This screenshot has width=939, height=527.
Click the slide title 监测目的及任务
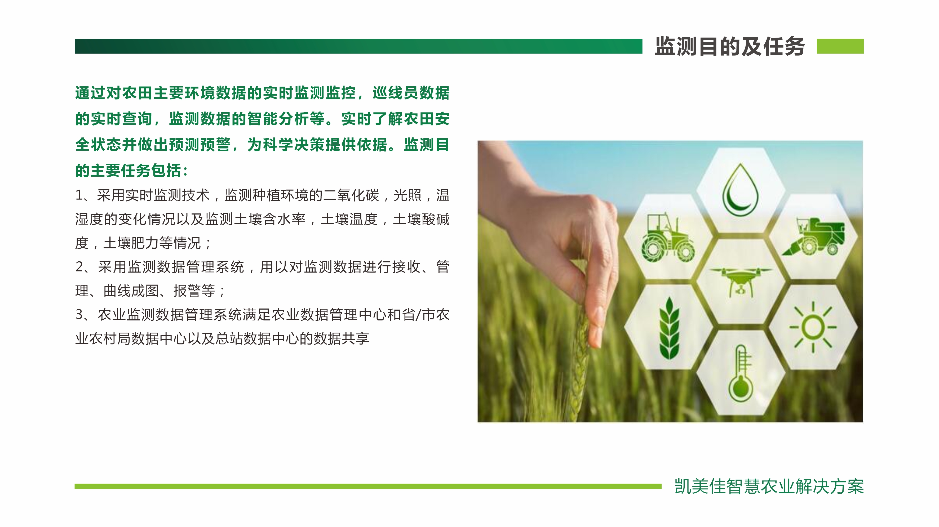[730, 46]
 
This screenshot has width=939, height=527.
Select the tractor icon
[668, 237]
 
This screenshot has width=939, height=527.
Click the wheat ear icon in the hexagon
[669, 328]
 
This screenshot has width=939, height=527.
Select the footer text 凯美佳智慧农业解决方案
[769, 486]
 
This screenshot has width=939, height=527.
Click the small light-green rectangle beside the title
[840, 46]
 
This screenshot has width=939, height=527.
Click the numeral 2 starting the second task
[79, 267]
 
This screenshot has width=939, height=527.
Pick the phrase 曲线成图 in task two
[131, 291]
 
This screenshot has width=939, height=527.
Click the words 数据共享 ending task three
[342, 338]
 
